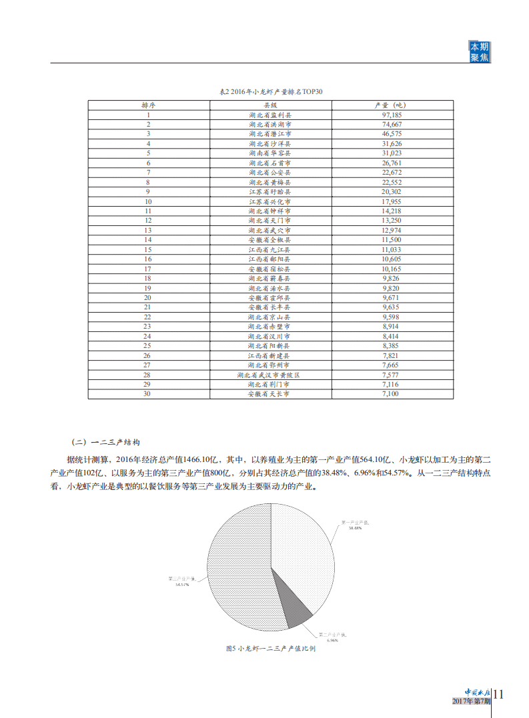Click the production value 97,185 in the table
(x=392, y=115)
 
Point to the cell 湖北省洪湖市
(x=270, y=124)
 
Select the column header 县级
(x=270, y=105)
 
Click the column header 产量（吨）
(x=392, y=105)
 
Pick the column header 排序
(x=148, y=105)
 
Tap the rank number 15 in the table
(x=148, y=249)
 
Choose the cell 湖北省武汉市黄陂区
(x=270, y=375)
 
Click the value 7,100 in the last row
(x=392, y=394)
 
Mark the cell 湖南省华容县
(x=270, y=153)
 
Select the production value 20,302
(x=392, y=191)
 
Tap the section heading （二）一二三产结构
(x=105, y=442)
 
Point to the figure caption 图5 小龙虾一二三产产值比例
(x=270, y=647)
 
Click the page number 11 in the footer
(x=499, y=694)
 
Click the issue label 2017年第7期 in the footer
(x=471, y=701)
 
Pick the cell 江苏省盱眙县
(x=270, y=191)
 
